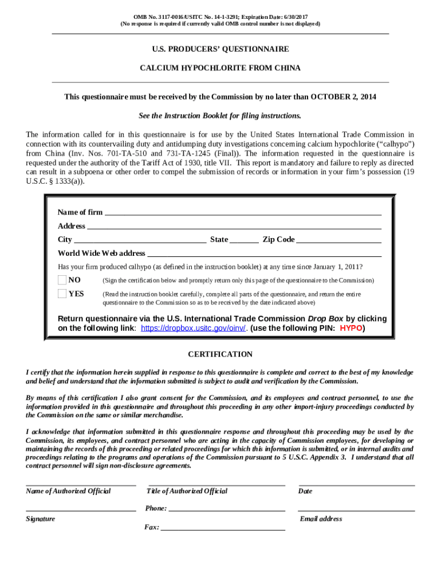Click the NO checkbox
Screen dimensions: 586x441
click(x=62, y=280)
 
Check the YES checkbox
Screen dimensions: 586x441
click(x=62, y=294)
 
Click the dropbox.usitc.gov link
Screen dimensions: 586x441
click(x=193, y=328)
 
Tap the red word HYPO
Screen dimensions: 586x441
click(x=351, y=328)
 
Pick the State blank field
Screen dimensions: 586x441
click(x=244, y=240)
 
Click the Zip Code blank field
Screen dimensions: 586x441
click(x=338, y=240)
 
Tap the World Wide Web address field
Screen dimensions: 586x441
click(x=264, y=254)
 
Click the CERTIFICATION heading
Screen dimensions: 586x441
click(x=220, y=355)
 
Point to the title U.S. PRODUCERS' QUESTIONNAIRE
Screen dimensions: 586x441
click(x=220, y=50)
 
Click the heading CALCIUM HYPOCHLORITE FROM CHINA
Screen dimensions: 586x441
click(x=220, y=68)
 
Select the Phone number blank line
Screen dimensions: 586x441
click(x=227, y=508)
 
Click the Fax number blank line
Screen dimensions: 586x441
click(x=223, y=528)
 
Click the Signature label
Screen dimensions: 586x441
click(x=41, y=519)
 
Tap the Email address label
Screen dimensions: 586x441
click(x=321, y=519)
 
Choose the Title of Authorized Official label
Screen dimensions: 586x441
click(x=187, y=492)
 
